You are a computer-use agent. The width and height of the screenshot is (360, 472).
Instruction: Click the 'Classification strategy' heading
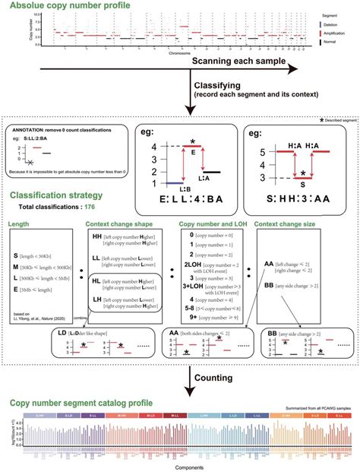point(62,195)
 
